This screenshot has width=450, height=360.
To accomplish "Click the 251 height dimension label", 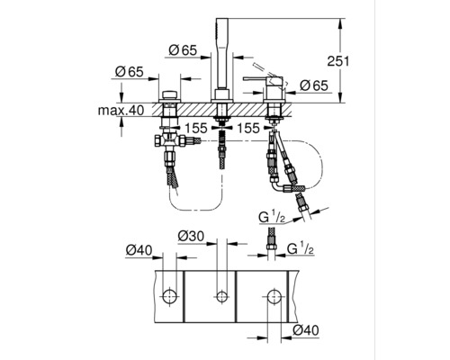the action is (x=338, y=61).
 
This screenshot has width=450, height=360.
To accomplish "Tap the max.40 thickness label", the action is (x=121, y=111).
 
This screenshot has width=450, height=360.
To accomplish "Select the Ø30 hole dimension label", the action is (x=191, y=236).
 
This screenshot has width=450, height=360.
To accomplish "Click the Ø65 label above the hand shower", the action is (x=183, y=50).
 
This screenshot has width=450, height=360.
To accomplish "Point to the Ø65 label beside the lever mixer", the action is (x=314, y=85).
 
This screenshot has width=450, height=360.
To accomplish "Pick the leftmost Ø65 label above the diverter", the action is (x=130, y=72).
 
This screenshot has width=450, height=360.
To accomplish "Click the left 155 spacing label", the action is (x=196, y=129).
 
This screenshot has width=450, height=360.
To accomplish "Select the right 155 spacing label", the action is (x=248, y=129).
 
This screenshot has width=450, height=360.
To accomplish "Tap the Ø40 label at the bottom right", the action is (x=306, y=330).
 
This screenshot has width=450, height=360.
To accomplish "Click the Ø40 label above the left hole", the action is (x=139, y=250).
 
